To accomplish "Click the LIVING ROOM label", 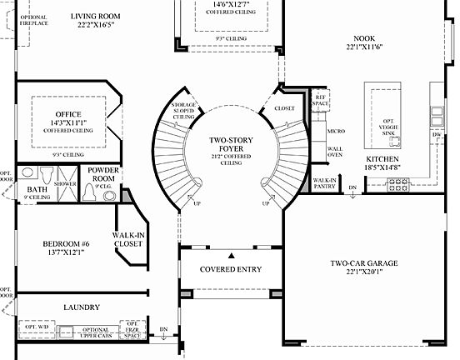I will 94,16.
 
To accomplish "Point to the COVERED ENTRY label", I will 231,269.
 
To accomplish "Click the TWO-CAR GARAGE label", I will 362,263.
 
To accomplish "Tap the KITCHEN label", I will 382,158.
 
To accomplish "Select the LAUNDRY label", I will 82,307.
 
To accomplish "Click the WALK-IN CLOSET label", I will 129,240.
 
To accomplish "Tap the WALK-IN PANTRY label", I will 325,182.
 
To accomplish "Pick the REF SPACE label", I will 319,100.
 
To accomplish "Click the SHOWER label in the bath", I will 63,183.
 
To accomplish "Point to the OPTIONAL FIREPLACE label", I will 33,20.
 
